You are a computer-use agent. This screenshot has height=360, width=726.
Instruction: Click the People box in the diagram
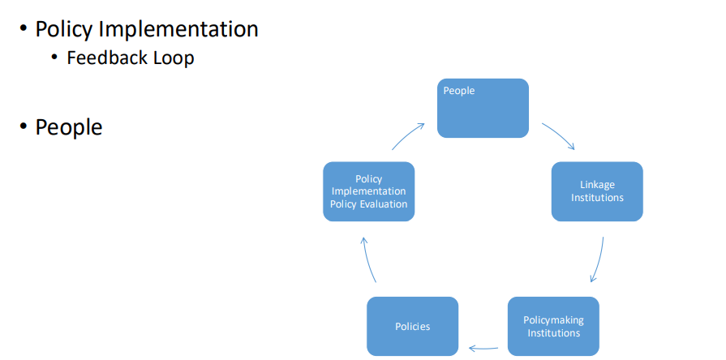[x=483, y=109]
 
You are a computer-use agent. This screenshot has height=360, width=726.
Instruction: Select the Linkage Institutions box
[x=597, y=191]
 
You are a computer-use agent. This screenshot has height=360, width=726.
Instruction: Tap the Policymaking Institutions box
[x=553, y=326]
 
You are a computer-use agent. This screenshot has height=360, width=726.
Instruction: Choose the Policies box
[x=413, y=326]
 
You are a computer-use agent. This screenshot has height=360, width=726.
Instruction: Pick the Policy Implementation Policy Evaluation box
[x=368, y=191]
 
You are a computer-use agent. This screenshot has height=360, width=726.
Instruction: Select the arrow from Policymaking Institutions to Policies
[x=483, y=348]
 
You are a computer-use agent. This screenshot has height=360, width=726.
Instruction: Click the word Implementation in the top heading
[x=178, y=29]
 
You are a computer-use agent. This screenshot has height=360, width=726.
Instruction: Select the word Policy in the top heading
[x=64, y=29]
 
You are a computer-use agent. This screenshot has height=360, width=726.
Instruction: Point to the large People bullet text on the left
[x=69, y=127]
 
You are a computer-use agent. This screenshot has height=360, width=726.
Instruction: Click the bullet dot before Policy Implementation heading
[x=24, y=28]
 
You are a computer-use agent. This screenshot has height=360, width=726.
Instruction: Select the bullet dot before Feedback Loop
[x=55, y=58]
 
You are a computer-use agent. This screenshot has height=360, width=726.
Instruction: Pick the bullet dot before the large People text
[x=24, y=126]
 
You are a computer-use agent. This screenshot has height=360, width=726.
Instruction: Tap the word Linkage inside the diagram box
[x=597, y=185]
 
